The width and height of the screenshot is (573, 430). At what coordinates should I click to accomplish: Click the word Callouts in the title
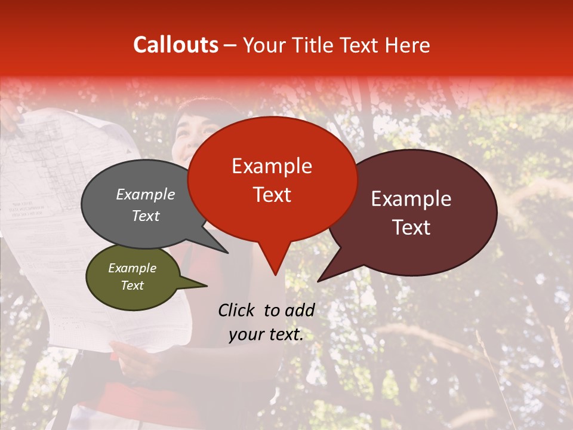pyautogui.click(x=175, y=45)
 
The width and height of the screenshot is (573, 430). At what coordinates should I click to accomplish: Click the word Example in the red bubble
pyautogui.click(x=272, y=166)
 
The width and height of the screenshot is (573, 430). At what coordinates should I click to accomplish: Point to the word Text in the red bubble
pyautogui.click(x=272, y=195)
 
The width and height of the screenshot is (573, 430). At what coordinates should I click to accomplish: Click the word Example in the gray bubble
pyautogui.click(x=145, y=194)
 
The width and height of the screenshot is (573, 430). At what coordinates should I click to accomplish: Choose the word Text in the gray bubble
pyautogui.click(x=145, y=216)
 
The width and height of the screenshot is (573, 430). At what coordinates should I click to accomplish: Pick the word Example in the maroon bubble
pyautogui.click(x=411, y=199)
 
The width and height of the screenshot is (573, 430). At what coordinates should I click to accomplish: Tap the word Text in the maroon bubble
pyautogui.click(x=411, y=228)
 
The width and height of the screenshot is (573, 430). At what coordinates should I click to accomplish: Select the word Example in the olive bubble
pyautogui.click(x=132, y=268)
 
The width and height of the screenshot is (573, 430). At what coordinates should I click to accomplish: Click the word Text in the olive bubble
pyautogui.click(x=132, y=285)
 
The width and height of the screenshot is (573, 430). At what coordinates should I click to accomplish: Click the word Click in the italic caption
pyautogui.click(x=238, y=310)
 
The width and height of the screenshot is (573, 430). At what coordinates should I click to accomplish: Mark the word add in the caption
pyautogui.click(x=299, y=310)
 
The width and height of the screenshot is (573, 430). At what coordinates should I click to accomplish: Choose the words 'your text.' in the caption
pyautogui.click(x=266, y=334)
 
